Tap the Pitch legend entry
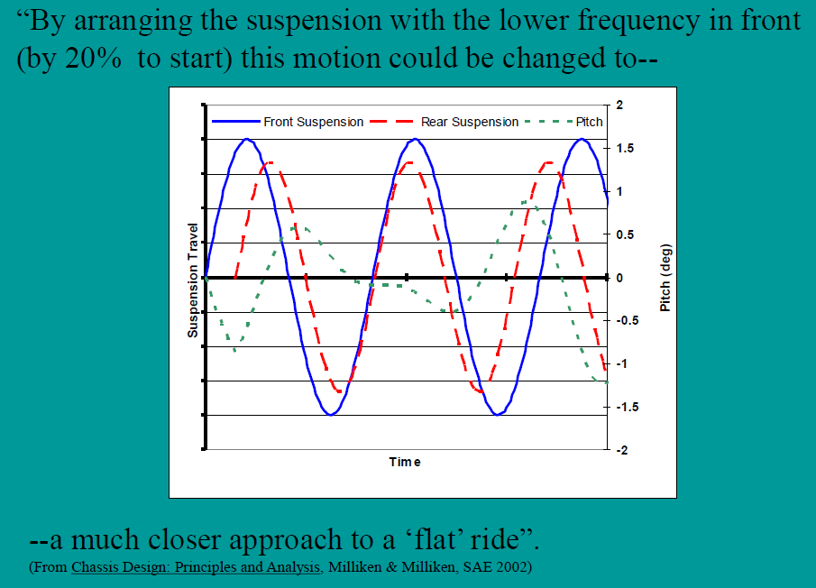pyautogui.click(x=590, y=122)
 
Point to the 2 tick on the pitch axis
pyautogui.click(x=622, y=106)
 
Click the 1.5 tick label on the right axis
pyautogui.click(x=625, y=149)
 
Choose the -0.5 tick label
pyautogui.click(x=628, y=320)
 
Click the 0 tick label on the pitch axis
pyautogui.click(x=620, y=278)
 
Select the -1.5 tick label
pyautogui.click(x=628, y=407)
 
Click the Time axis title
pyautogui.click(x=405, y=463)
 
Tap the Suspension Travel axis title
pyautogui.click(x=193, y=280)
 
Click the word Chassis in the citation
pyautogui.click(x=93, y=568)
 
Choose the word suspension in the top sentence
pyautogui.click(x=315, y=21)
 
